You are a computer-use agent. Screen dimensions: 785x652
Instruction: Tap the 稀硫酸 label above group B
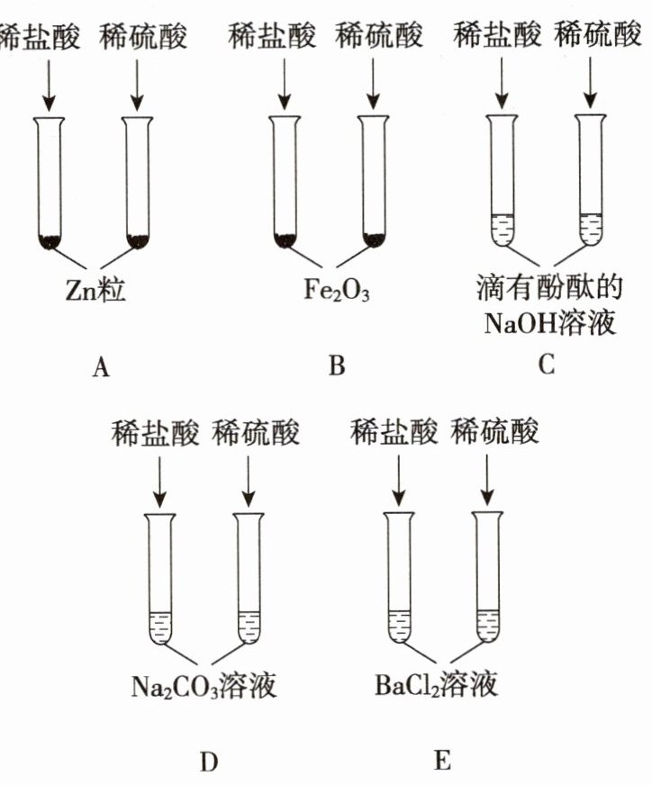pos(379,37)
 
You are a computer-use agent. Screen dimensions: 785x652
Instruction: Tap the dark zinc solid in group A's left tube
pos(50,240)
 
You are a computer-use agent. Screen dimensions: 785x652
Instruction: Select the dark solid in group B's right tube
pos(373,239)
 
